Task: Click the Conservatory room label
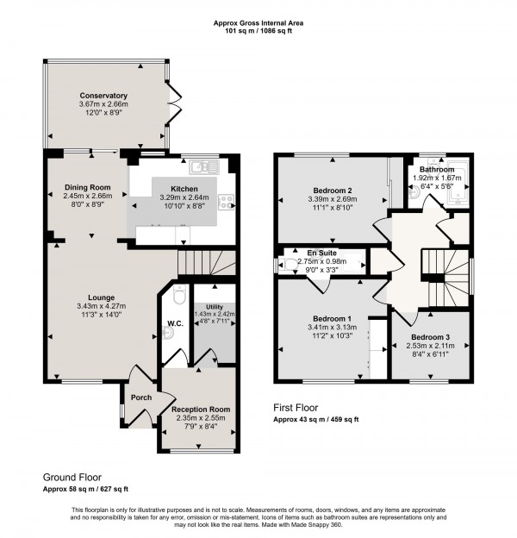[104, 96]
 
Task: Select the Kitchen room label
[184, 188]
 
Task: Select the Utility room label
[209, 306]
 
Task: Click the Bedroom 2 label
[332, 190]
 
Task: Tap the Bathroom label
[437, 170]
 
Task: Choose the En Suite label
[320, 253]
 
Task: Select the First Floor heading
[295, 407]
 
